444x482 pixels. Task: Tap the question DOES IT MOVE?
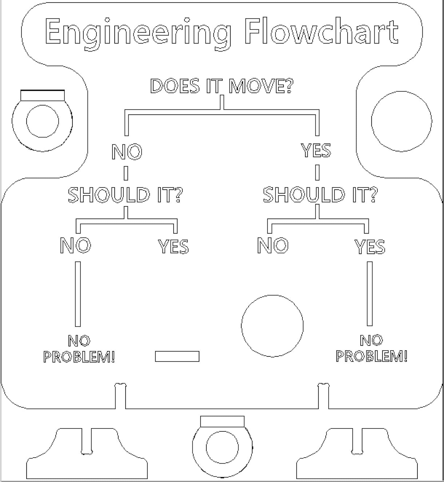coord(222,86)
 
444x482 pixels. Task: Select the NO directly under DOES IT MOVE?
coord(127,152)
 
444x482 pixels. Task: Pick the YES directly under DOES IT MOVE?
coord(316,151)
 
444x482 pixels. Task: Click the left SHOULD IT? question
coord(125,195)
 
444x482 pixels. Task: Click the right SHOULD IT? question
coord(320,195)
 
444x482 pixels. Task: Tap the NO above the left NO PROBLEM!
coord(75,246)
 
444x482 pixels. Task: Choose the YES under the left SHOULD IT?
coord(173,246)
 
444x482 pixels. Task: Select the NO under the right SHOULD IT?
coord(273,246)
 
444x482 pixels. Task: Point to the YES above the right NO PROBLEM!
coord(370,246)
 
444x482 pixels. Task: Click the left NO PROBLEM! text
coord(79,349)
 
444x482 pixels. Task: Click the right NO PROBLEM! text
coord(371,349)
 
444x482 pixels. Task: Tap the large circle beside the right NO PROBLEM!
coord(272,326)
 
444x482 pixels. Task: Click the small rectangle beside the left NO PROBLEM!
coord(177,356)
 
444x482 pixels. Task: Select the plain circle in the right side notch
coord(402,121)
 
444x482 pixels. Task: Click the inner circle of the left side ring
coord(42,121)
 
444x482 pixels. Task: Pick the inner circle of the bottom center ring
coord(222,447)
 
